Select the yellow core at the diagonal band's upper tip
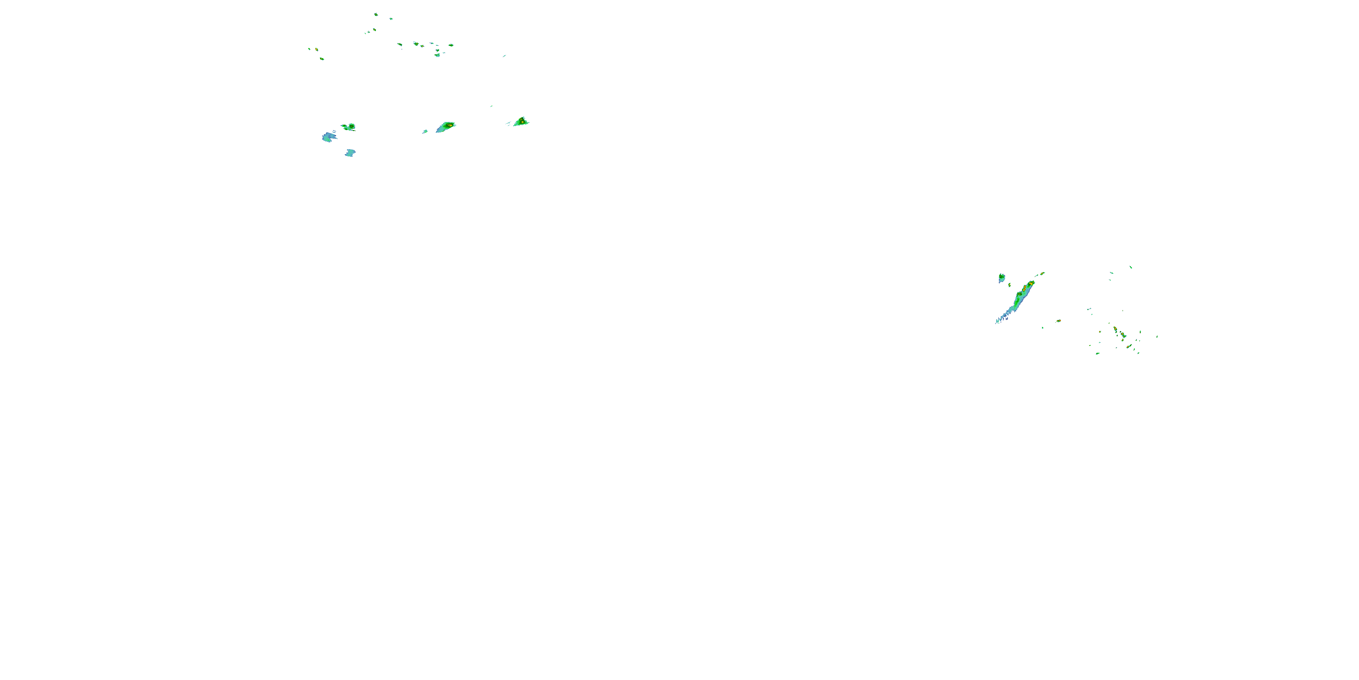1031,283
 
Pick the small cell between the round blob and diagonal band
1010,285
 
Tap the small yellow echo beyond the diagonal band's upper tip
1042,273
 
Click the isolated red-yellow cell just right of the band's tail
1058,321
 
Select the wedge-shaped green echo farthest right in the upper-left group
521,122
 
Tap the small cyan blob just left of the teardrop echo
425,131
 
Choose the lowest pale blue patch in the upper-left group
350,153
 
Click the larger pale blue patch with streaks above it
329,137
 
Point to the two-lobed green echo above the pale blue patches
349,127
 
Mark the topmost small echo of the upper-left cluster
376,14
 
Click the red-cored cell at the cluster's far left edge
317,49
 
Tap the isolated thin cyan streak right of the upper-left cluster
504,55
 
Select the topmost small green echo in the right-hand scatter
1131,267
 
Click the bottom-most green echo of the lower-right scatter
1097,353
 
